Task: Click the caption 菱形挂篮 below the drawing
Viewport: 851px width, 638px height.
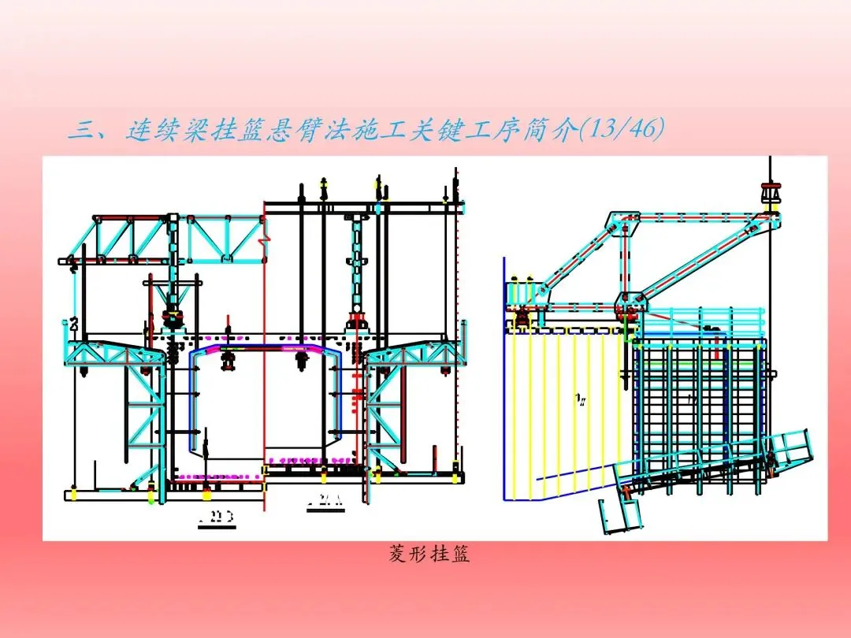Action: click(x=429, y=555)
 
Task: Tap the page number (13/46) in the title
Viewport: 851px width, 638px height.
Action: click(x=619, y=129)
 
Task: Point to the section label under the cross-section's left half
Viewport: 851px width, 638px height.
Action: click(x=217, y=519)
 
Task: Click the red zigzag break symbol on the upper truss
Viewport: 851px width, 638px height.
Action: click(x=267, y=233)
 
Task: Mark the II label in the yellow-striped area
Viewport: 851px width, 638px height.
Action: click(x=581, y=400)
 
